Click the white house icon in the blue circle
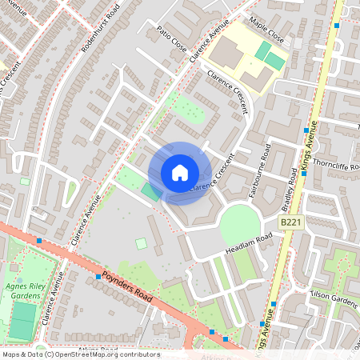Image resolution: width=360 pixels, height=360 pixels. [x=180, y=173]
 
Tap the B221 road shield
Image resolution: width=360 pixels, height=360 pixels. [x=291, y=222]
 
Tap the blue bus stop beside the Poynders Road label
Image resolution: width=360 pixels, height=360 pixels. [x=98, y=276]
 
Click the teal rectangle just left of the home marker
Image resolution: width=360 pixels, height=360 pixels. [x=150, y=191]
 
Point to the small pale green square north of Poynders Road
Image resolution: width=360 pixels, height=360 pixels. [x=141, y=243]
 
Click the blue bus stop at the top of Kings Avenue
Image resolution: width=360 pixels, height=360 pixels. [x=337, y=26]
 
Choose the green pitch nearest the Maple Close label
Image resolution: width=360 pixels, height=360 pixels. [x=264, y=50]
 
